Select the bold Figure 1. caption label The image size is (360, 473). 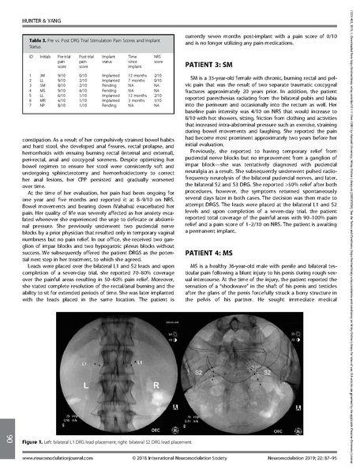click(x=36, y=445)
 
